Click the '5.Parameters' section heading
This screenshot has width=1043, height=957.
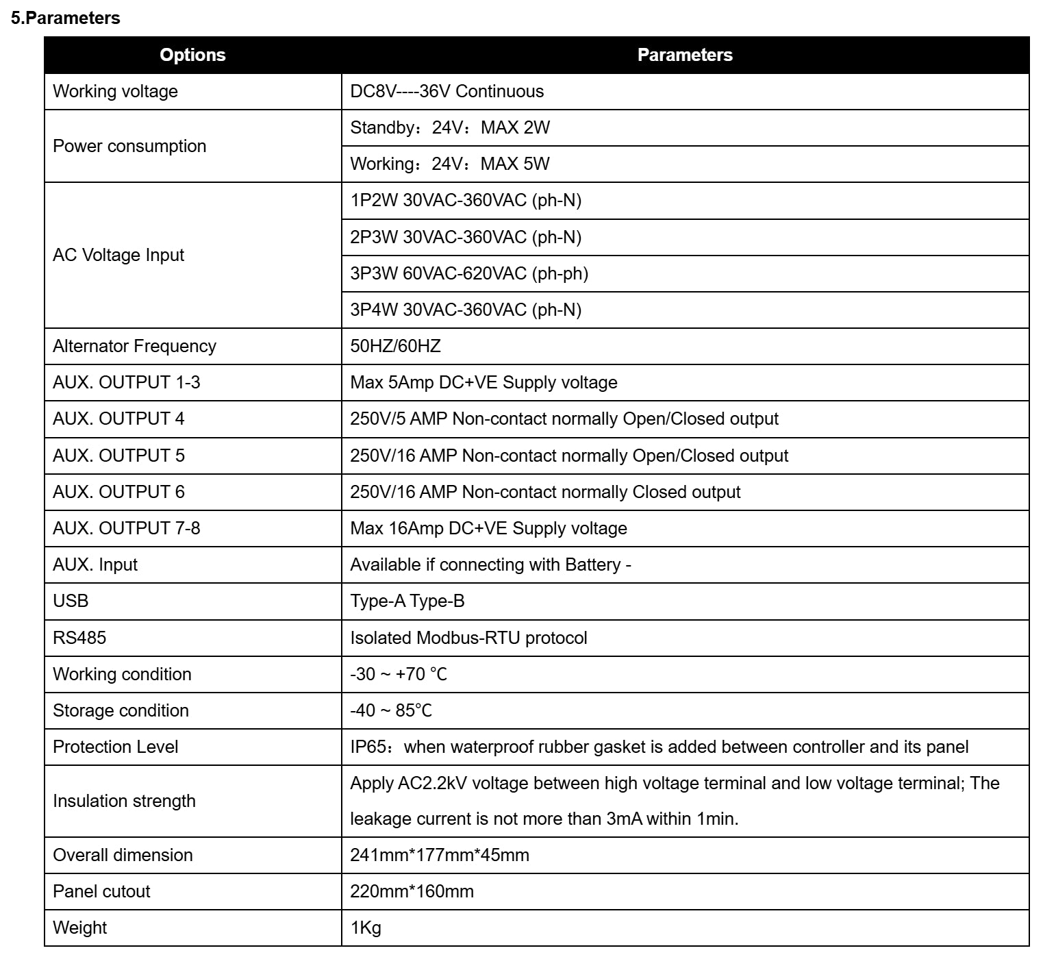click(65, 18)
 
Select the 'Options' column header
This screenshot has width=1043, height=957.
click(192, 55)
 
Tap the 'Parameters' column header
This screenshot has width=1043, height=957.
click(684, 55)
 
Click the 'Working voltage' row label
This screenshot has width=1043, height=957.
click(115, 92)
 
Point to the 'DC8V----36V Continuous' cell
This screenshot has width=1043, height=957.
click(447, 92)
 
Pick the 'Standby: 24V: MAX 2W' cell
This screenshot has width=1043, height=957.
click(449, 128)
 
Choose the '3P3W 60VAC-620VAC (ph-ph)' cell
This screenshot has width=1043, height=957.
click(468, 274)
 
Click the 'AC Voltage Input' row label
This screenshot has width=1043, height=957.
click(118, 256)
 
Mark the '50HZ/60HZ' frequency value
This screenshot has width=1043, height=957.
click(395, 347)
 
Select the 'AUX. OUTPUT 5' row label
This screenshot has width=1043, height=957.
click(118, 456)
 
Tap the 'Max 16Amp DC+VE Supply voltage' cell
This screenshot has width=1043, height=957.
click(488, 529)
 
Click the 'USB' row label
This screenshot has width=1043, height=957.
click(71, 601)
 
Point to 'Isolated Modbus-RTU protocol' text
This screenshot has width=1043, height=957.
click(468, 638)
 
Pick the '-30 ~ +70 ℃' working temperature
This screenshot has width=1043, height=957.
click(398, 675)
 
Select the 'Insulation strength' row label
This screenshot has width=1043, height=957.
click(124, 801)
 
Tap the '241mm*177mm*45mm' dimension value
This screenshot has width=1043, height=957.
click(439, 856)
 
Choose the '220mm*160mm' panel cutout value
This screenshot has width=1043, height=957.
click(412, 892)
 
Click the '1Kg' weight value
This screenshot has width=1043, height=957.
click(366, 928)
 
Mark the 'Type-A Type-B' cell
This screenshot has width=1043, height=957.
click(407, 601)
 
